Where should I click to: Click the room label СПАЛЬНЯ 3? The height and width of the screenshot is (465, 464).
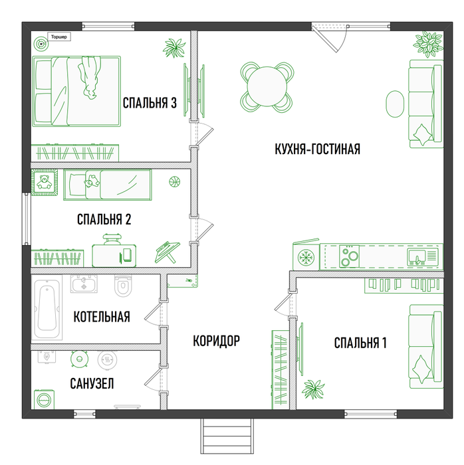click(150, 103)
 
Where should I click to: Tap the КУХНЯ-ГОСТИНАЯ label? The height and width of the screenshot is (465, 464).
click(318, 149)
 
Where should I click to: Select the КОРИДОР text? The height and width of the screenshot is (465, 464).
click(216, 341)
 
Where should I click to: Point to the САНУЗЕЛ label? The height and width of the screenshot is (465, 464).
click(92, 383)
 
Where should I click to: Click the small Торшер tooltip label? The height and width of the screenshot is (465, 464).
click(59, 37)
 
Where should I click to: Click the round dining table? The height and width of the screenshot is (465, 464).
click(267, 86)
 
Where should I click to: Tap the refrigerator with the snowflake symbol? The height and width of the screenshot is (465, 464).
click(306, 256)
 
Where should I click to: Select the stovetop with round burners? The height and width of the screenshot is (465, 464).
click(349, 256)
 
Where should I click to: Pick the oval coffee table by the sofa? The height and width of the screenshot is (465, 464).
click(395, 104)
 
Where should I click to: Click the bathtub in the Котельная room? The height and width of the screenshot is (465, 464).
click(47, 308)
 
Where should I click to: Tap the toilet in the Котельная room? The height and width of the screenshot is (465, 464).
click(123, 286)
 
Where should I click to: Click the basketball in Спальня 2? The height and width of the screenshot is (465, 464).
click(175, 181)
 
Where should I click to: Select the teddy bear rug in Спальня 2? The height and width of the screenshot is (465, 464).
click(45, 183)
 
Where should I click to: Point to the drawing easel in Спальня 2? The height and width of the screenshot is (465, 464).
click(168, 252)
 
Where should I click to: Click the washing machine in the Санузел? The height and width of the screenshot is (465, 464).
click(44, 399)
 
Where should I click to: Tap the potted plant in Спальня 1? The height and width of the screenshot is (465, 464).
click(313, 389)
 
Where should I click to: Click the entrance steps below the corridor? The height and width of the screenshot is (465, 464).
click(227, 436)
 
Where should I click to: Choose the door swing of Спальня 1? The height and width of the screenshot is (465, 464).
click(283, 306)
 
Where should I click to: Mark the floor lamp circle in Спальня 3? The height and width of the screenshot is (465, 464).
click(41, 44)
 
